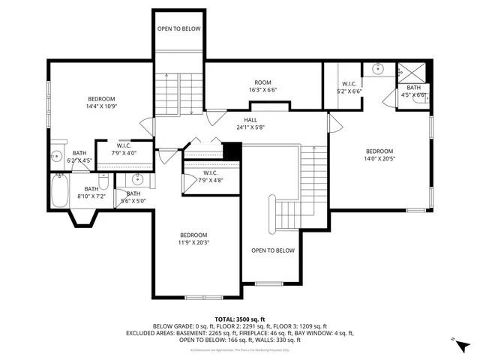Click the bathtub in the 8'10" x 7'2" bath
pos(59,191)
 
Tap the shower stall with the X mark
pos(411,73)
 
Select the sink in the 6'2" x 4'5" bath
pos(56,157)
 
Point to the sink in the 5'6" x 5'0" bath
pos(136,178)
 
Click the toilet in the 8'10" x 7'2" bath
pos(105,181)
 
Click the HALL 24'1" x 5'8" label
pos(250,123)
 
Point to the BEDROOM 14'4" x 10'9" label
pos(101,103)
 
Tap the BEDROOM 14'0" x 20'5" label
pos(379,154)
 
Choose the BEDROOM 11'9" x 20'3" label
pos(193,238)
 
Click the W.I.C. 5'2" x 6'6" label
pos(349,87)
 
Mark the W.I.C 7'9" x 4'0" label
pos(123,149)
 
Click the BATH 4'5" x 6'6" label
pos(413,91)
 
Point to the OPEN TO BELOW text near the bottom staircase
pos(272,250)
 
